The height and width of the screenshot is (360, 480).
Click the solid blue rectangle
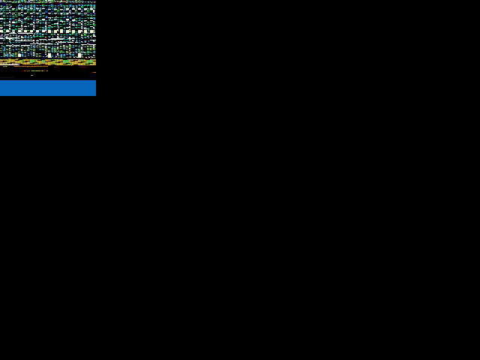48,88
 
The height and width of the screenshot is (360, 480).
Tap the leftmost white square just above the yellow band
19,55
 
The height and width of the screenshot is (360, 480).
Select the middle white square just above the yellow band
49,55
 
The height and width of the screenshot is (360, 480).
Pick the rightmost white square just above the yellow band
79,55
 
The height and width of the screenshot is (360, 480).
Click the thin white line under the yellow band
9,64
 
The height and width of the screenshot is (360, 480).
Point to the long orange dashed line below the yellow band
30,67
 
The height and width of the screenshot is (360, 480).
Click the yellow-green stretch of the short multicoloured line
37,70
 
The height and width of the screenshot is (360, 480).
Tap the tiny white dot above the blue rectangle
31,75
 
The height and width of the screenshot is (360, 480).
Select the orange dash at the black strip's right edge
94,72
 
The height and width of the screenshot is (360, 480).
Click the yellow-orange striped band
48,61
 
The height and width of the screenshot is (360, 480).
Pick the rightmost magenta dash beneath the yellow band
82,67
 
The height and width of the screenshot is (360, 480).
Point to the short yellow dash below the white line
5,67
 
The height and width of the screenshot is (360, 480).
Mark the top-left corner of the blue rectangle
1,81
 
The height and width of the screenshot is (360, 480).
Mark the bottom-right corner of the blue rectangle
95,95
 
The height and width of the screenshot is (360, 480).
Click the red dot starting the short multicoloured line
23,70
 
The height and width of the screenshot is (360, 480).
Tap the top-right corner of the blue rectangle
95,81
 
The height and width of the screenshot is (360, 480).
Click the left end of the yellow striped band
1,61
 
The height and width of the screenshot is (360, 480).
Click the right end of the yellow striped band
95,61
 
